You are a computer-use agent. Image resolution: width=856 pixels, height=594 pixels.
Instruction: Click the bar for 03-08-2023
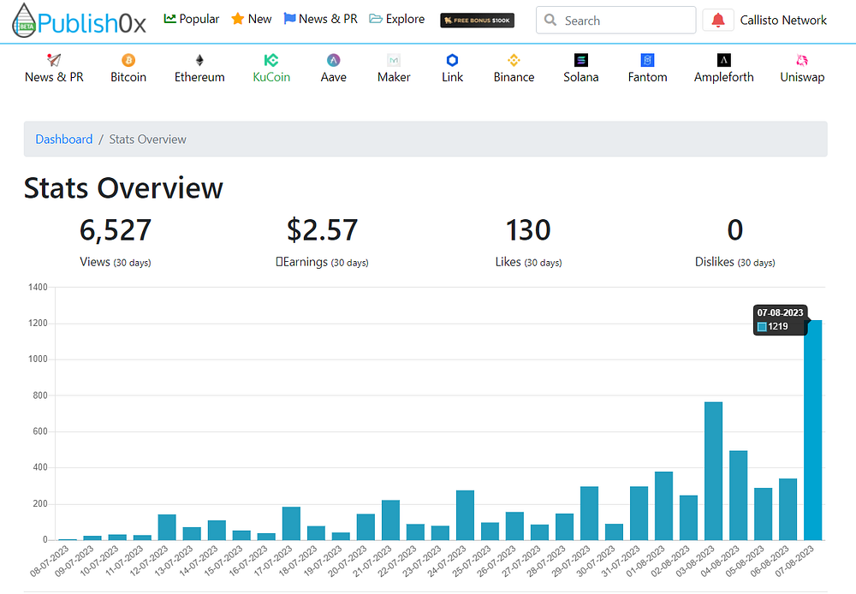coord(713,471)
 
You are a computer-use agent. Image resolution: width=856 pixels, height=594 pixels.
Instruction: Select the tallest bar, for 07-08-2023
coord(812,431)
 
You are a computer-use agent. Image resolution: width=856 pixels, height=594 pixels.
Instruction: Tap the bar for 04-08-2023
coord(738,496)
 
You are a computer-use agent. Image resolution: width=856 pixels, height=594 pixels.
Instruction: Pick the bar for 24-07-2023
coord(465,515)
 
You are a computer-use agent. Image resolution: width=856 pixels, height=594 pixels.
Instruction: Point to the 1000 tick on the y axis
coord(38,359)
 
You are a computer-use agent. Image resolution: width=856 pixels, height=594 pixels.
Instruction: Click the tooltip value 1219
coord(777,326)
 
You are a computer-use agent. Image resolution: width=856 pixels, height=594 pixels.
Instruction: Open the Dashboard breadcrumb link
coord(64,140)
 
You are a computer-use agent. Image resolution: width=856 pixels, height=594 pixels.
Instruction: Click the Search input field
coord(615,21)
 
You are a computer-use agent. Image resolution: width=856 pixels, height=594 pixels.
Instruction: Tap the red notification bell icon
coord(718,21)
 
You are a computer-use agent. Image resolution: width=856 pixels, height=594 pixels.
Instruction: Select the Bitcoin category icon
coord(128,60)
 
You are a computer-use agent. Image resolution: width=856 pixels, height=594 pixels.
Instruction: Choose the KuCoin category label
coord(271,77)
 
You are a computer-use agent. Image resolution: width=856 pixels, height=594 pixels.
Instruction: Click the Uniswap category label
coord(802,77)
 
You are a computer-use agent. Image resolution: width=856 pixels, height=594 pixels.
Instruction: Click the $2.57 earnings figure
coord(322,230)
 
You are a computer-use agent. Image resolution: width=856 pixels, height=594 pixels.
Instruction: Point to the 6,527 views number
coord(116,230)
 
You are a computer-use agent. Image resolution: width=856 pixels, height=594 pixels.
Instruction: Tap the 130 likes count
coord(528,230)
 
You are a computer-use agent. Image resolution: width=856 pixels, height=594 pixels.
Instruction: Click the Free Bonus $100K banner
coord(477,21)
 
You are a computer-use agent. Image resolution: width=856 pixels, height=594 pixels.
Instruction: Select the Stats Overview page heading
coord(123,188)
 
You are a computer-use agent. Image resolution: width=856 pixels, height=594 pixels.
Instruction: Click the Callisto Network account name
coord(783,21)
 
